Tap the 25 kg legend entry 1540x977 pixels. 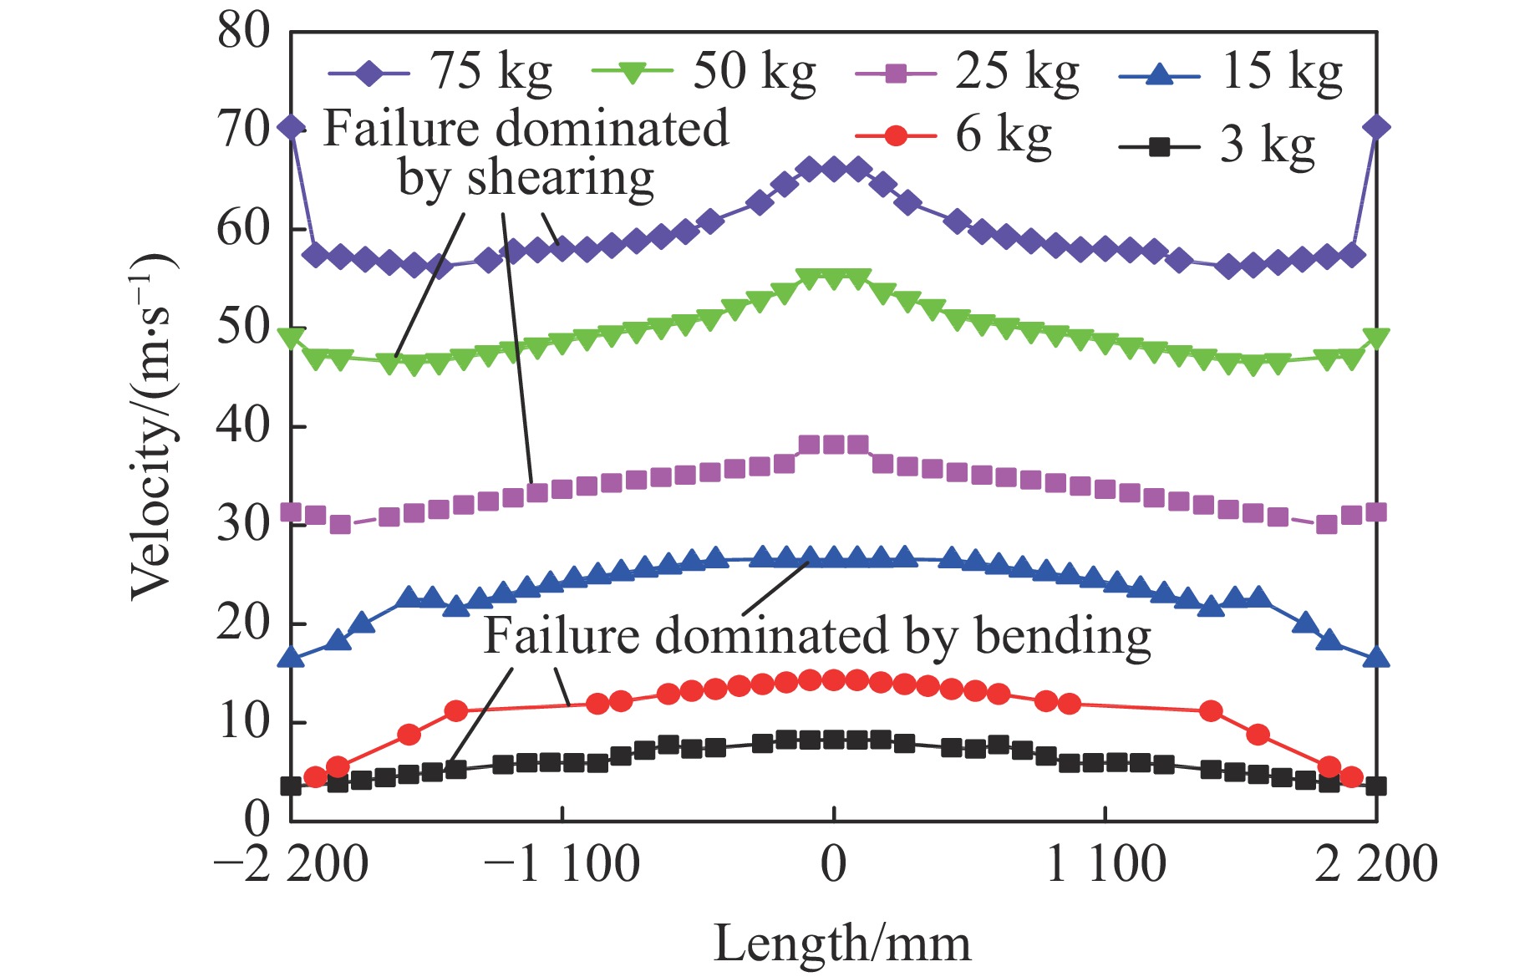[x=968, y=73]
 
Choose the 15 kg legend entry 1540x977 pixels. [x=1231, y=73]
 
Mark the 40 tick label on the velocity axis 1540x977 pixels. [x=244, y=426]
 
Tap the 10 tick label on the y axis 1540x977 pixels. [x=244, y=722]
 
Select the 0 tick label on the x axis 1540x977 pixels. [x=833, y=864]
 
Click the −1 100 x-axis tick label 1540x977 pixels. [x=562, y=864]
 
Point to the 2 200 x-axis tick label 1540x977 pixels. [x=1375, y=864]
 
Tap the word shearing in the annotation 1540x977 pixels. [x=560, y=178]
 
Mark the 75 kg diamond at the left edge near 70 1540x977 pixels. [x=291, y=127]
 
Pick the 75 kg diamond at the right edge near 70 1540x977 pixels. [x=1376, y=127]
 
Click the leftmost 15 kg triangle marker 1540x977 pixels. [x=291, y=658]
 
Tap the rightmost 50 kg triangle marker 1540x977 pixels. [x=1376, y=338]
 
